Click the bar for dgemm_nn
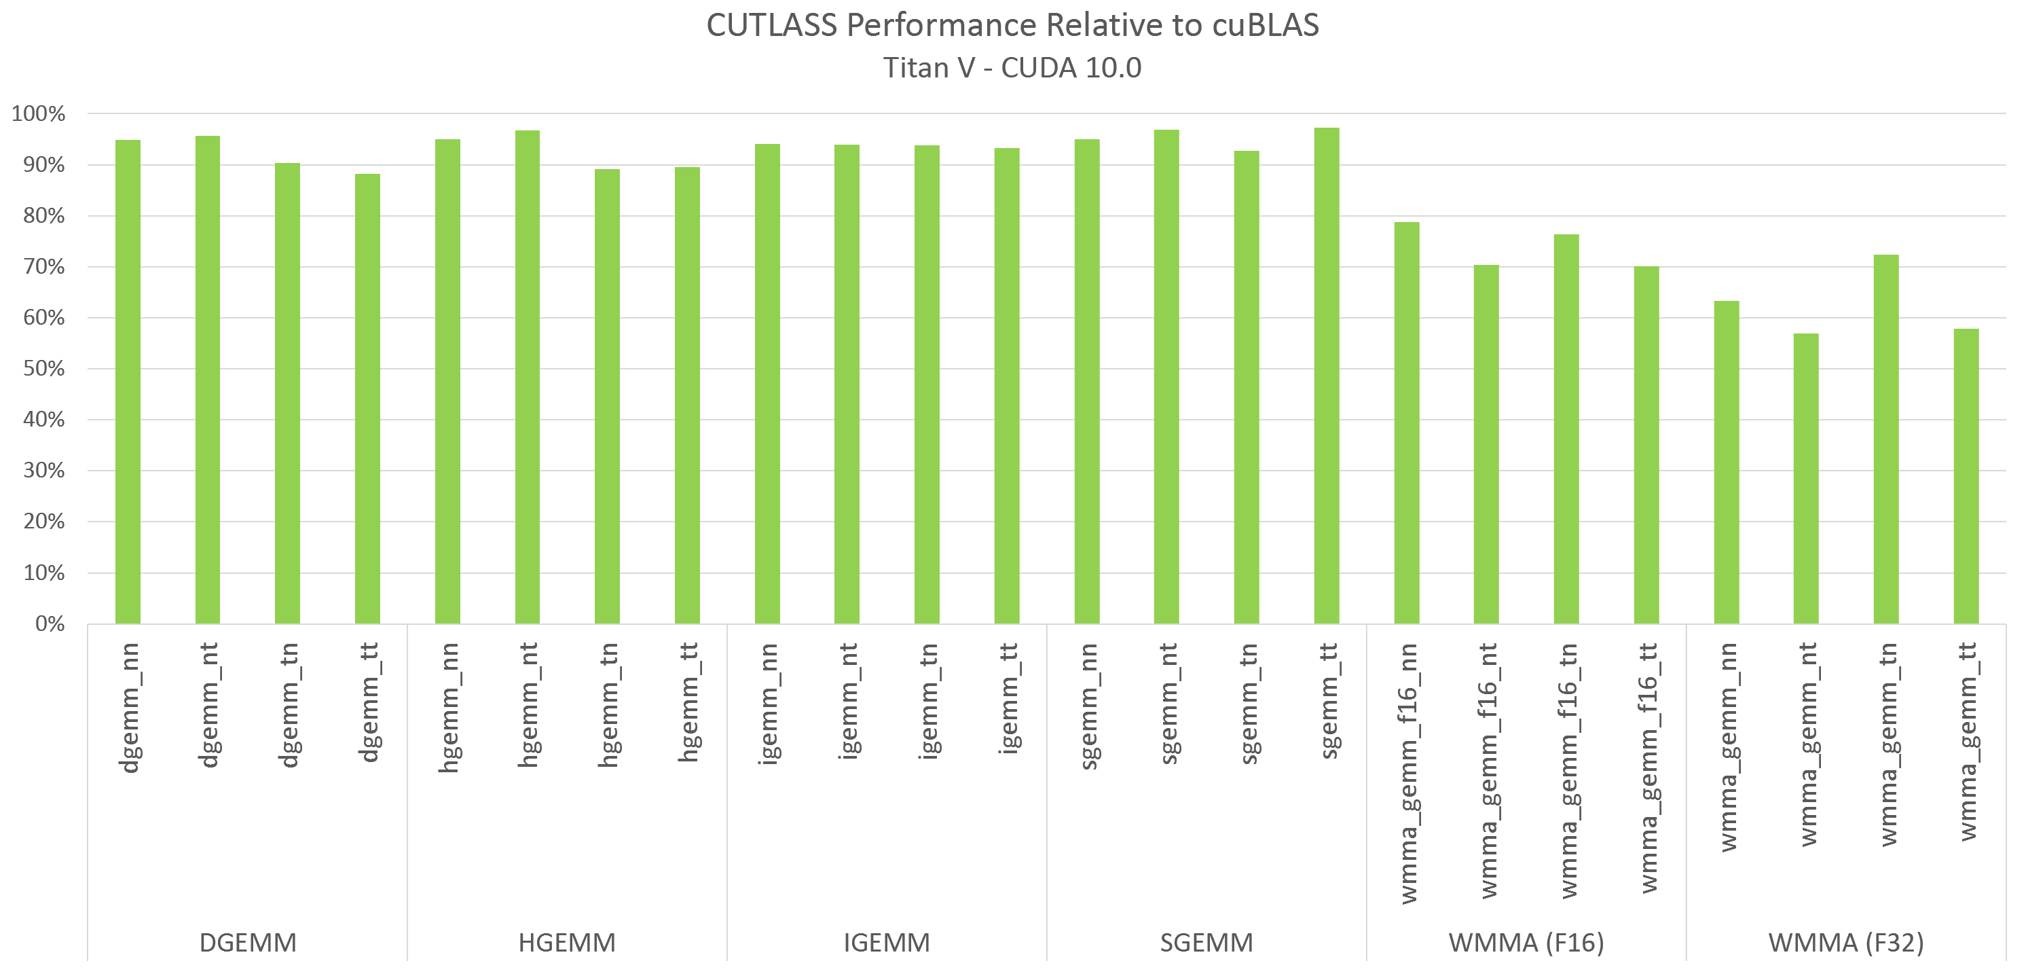[x=128, y=382]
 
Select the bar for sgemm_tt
[x=1326, y=376]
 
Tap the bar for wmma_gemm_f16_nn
[x=1406, y=423]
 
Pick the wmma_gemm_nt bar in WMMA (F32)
[x=1806, y=479]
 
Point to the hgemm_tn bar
[x=607, y=397]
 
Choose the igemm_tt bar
[x=1007, y=386]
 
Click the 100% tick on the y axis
[x=39, y=114]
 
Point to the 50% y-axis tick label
[x=44, y=369]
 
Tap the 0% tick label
[x=50, y=623]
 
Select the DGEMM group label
[x=248, y=942]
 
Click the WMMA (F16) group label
[x=1526, y=942]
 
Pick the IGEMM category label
[x=887, y=942]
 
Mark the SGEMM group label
[x=1207, y=942]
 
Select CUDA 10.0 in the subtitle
[x=1071, y=69]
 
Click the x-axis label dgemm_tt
[x=368, y=702]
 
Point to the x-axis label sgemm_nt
[x=1168, y=703]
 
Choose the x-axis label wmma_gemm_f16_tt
[x=1648, y=768]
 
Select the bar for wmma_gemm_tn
[x=1886, y=439]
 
